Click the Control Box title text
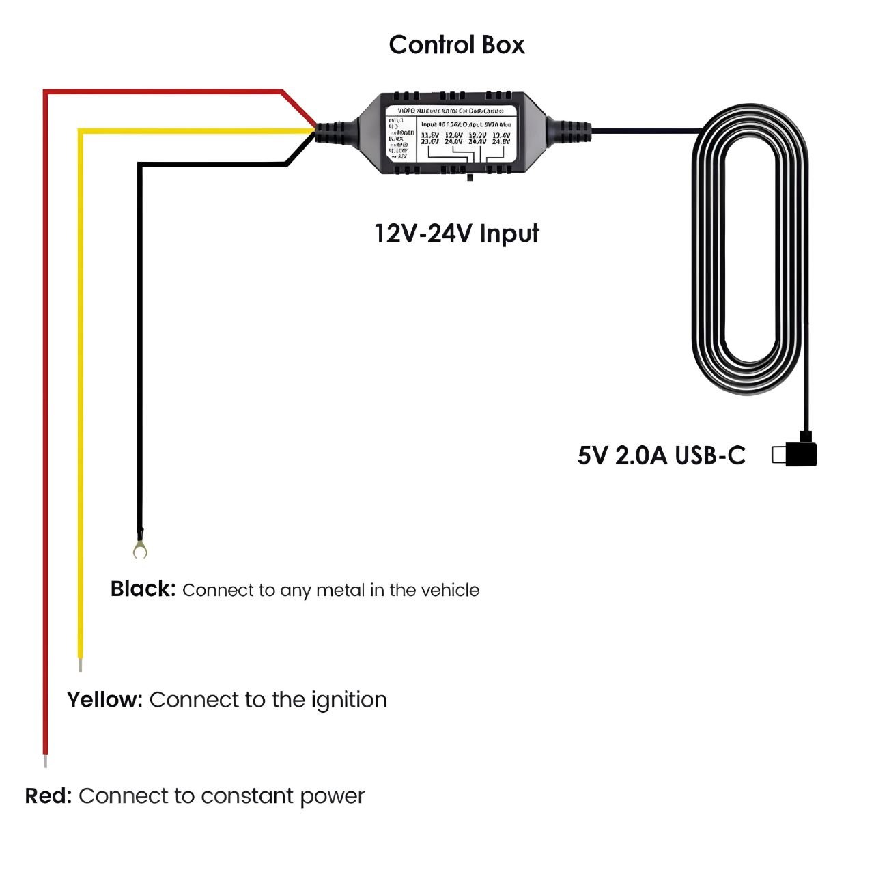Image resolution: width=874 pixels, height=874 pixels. (x=457, y=45)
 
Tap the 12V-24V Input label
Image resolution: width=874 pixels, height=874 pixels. (x=457, y=234)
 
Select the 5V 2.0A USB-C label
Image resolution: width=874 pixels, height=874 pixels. (x=661, y=455)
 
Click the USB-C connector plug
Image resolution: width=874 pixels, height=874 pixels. (x=802, y=454)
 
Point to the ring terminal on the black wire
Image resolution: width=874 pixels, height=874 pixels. (x=140, y=549)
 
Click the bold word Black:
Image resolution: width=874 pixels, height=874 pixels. (x=143, y=589)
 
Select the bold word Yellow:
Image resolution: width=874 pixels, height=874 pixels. (x=104, y=700)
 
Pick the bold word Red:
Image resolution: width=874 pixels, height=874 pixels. (x=48, y=796)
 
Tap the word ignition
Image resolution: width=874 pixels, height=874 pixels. (x=349, y=701)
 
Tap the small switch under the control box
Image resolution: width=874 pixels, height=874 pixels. (x=470, y=178)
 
